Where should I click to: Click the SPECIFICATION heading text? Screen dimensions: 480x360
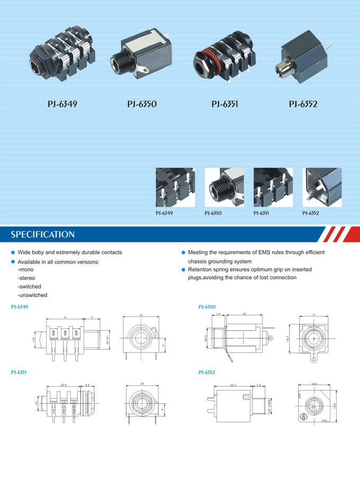pyautogui.click(x=43, y=234)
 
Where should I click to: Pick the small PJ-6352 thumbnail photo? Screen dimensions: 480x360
pyautogui.click(x=321, y=187)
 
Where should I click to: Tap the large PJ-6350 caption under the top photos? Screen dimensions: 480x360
pyautogui.click(x=142, y=104)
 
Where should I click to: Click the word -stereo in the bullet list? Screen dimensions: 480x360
pyautogui.click(x=26, y=278)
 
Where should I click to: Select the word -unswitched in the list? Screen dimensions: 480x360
pyautogui.click(x=32, y=295)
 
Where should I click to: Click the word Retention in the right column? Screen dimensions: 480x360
pyautogui.click(x=202, y=269)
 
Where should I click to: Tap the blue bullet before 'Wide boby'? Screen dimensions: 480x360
pyautogui.click(x=13, y=253)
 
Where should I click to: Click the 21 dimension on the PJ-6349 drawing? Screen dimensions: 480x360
pyautogui.click(x=65, y=317)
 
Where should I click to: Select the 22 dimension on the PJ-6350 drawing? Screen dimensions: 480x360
pyautogui.click(x=244, y=314)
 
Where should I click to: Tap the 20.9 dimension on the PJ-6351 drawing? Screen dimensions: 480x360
pyautogui.click(x=64, y=385)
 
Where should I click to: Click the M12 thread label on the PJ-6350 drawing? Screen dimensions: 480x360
pyautogui.click(x=206, y=338)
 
